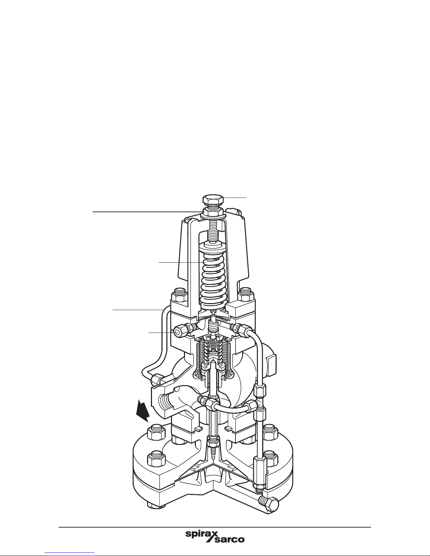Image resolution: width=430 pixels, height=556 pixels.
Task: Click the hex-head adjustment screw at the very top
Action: point(213,201)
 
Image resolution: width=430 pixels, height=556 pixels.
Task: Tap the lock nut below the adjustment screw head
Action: point(213,212)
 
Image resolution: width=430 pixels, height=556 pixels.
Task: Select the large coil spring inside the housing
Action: point(213,282)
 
